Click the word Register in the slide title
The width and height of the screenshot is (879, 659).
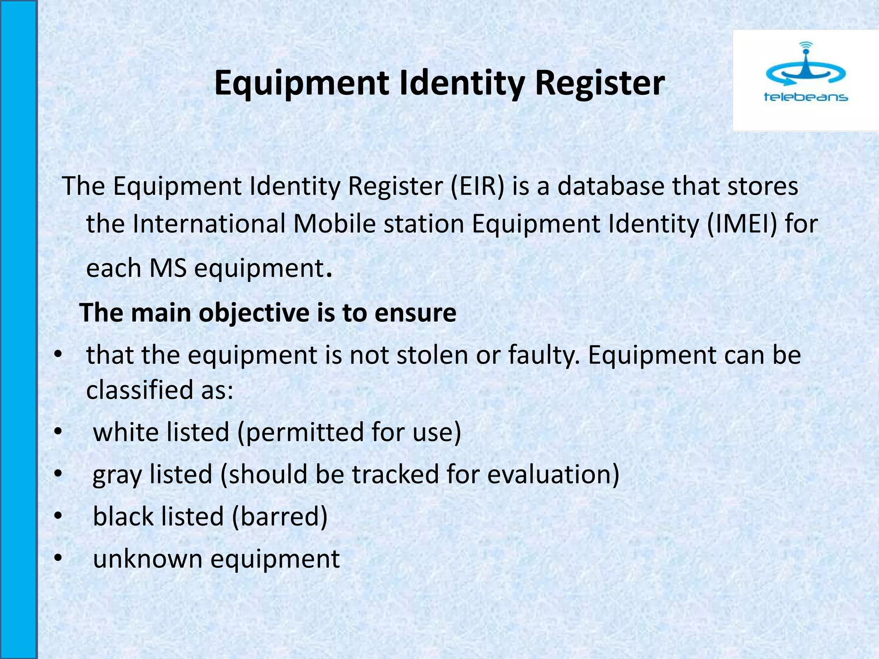[x=600, y=84]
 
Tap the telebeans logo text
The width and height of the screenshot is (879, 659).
[x=806, y=97]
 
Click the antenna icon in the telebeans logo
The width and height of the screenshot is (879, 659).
[x=806, y=64]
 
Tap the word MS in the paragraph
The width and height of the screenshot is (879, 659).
[x=168, y=269]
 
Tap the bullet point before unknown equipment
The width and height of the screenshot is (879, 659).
[x=58, y=558]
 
